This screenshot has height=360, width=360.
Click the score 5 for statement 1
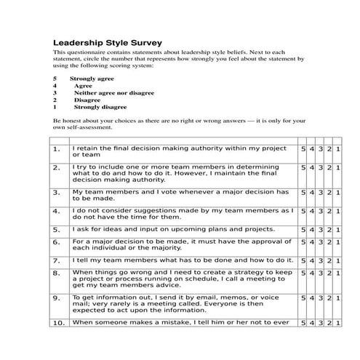[303, 148]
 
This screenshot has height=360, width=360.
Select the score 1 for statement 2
[338, 167]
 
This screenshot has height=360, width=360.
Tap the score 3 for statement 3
[321, 193]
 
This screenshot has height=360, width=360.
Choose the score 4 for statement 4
[312, 211]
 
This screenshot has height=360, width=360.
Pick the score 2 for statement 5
[329, 229]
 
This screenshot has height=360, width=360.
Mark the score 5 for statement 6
[303, 241]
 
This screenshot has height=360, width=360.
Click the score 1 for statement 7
[338, 260]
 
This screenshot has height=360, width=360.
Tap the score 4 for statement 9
[312, 298]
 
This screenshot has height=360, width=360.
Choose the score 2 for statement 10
[329, 322]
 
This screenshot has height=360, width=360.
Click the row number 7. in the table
[56, 260]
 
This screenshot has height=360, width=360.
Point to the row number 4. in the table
[56, 211]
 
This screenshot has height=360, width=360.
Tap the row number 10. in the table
[58, 322]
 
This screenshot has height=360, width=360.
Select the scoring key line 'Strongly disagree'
[95, 107]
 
